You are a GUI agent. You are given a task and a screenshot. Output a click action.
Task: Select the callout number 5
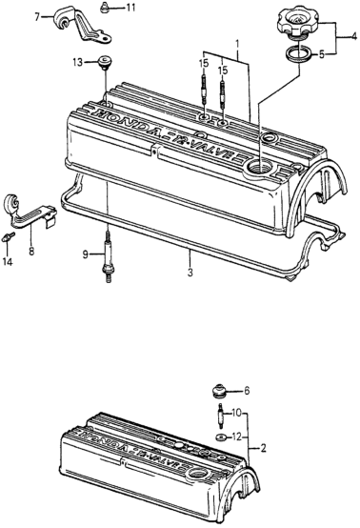[322, 54]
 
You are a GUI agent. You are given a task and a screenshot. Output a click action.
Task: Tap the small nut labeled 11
[105, 8]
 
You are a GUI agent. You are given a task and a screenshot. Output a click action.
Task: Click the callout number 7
[37, 16]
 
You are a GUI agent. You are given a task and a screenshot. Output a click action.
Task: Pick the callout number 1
[237, 44]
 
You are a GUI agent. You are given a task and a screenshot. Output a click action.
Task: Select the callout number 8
[31, 252]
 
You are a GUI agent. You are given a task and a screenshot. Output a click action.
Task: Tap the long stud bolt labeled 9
[108, 255]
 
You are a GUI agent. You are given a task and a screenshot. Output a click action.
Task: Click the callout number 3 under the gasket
[190, 272]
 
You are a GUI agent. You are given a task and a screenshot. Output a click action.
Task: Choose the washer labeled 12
[220, 437]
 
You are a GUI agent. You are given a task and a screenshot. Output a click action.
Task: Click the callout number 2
[263, 448]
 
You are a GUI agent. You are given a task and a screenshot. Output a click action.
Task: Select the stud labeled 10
[222, 416]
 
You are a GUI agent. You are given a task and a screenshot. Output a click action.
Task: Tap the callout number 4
[353, 37]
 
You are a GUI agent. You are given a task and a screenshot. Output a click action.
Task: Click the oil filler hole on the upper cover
[260, 166]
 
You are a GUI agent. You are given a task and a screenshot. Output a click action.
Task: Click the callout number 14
[8, 261]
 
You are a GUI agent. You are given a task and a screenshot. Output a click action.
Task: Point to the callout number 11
[130, 7]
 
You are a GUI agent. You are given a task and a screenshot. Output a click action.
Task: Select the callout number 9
[86, 254]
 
